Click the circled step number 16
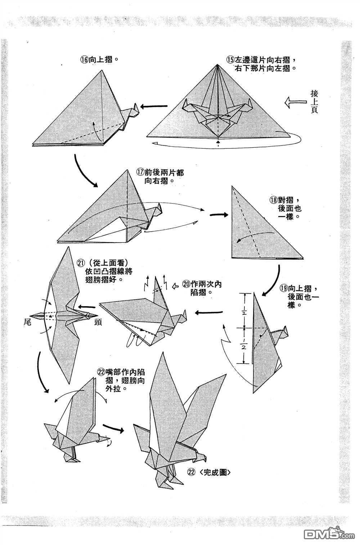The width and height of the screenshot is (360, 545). (84, 60)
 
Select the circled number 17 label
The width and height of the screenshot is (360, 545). (141, 173)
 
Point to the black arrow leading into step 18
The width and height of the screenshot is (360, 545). (219, 215)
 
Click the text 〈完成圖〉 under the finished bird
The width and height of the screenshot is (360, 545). (214, 473)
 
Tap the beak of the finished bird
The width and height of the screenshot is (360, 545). (206, 459)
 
